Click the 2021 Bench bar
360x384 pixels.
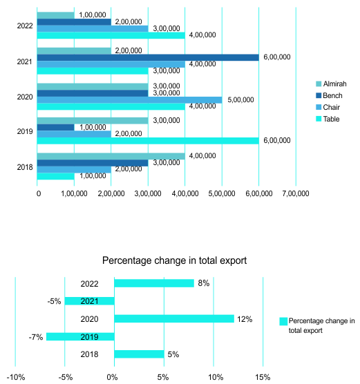pyautogui.click(x=148, y=57)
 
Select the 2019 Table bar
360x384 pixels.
pyautogui.click(x=148, y=141)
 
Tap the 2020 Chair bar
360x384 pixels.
pyautogui.click(x=130, y=100)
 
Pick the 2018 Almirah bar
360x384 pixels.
pyautogui.click(x=111, y=156)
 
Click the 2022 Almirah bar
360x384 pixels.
pyautogui.click(x=56, y=15)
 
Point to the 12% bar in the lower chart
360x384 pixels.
pyautogui.click(x=174, y=318)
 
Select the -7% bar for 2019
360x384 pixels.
pyautogui.click(x=80, y=336)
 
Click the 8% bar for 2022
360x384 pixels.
pyautogui.click(x=154, y=283)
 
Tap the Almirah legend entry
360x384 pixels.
pyautogui.click(x=331, y=84)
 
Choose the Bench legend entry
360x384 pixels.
pyautogui.click(x=329, y=95)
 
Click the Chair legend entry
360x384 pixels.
pyautogui.click(x=328, y=107)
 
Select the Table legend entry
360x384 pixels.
pyautogui.click(x=328, y=119)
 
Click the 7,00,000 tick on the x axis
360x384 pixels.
pyautogui.click(x=296, y=193)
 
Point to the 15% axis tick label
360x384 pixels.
pyautogui.click(x=263, y=377)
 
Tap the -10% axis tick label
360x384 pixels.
pyautogui.click(x=16, y=377)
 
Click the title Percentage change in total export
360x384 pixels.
pyautogui.click(x=175, y=260)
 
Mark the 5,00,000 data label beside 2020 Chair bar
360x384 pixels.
pyautogui.click(x=240, y=100)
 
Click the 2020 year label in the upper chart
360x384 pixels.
pyautogui.click(x=25, y=97)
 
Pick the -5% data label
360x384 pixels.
pyautogui.click(x=54, y=301)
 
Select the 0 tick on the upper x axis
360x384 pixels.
pyautogui.click(x=39, y=193)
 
